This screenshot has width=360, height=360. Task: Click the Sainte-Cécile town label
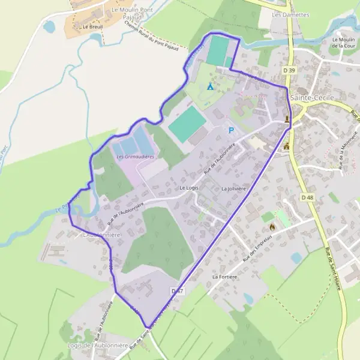[307, 97]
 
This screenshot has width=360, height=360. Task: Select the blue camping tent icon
[210, 86]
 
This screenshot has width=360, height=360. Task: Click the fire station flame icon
[272, 227]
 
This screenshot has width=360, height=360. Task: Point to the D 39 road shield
[289, 70]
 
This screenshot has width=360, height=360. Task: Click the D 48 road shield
[307, 197]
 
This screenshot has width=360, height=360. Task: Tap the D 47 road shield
[176, 291]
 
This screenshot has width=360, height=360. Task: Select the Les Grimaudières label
[135, 157]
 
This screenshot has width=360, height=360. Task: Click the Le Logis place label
[188, 188]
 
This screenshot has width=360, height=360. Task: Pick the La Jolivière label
[234, 188]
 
